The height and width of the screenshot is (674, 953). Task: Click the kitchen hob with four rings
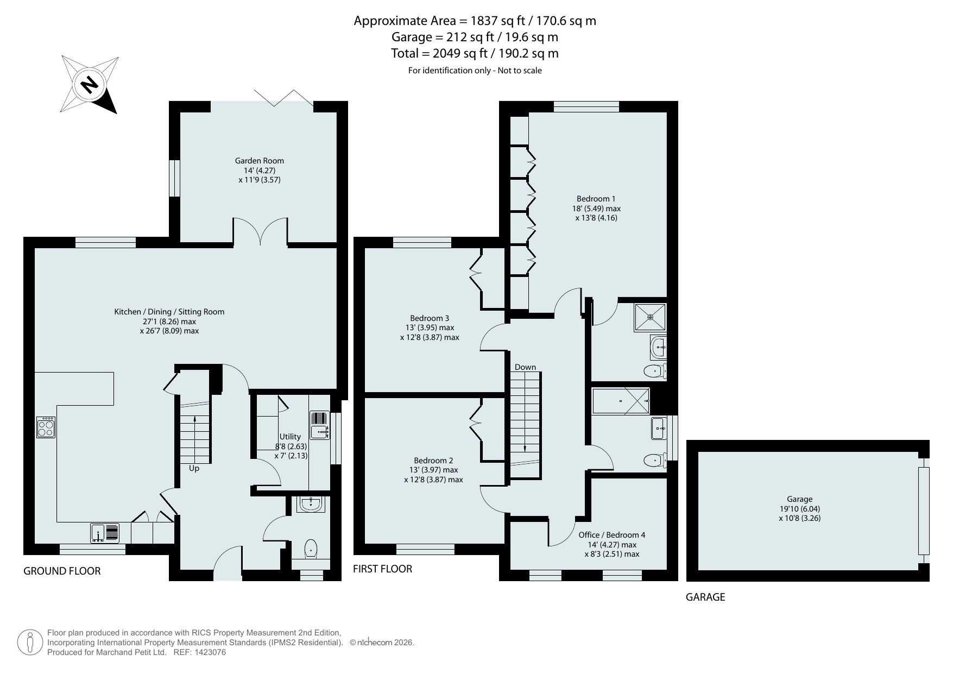[46, 427]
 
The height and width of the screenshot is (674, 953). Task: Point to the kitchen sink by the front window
[105, 533]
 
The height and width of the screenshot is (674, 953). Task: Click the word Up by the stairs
[194, 468]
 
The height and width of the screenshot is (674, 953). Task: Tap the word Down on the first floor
[525, 367]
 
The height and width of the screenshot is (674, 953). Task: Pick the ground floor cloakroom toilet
[311, 549]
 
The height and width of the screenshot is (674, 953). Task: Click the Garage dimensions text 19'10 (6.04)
[800, 509]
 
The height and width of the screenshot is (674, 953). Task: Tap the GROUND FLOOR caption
[62, 571]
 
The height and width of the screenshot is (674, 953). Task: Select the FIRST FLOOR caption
[382, 569]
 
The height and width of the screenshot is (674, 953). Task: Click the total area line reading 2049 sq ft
[475, 53]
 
